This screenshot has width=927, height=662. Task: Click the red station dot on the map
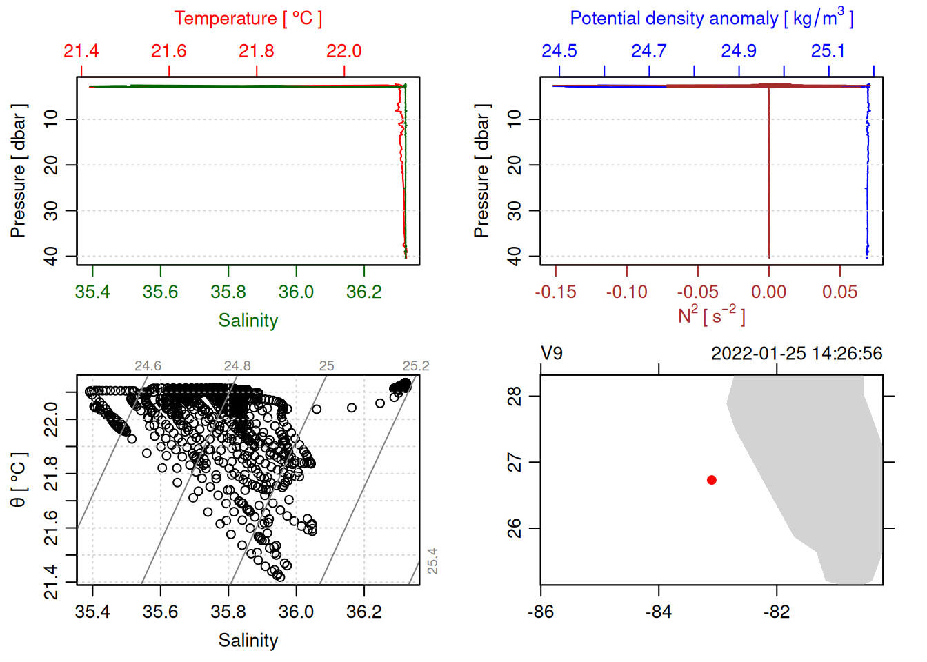click(x=711, y=480)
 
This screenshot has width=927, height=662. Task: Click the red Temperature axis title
click(x=248, y=19)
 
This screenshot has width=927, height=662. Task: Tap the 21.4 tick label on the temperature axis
click(x=81, y=51)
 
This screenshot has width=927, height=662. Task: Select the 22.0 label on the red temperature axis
click(x=343, y=51)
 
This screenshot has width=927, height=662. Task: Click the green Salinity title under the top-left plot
click(x=248, y=321)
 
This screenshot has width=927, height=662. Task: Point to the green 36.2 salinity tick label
click(x=363, y=292)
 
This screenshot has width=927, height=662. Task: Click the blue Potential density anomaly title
click(x=711, y=19)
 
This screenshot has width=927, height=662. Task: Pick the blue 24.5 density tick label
click(x=559, y=51)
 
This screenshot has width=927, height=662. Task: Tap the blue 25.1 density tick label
click(x=828, y=51)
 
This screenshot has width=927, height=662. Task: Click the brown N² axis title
click(x=711, y=316)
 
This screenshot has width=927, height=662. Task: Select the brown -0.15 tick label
click(x=555, y=292)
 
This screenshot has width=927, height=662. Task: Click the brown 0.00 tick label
click(x=768, y=292)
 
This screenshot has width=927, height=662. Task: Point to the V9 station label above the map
click(x=552, y=354)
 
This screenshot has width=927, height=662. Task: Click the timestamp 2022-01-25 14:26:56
click(x=797, y=354)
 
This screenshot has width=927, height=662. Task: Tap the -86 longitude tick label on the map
click(x=540, y=612)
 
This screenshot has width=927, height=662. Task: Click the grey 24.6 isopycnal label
click(x=148, y=366)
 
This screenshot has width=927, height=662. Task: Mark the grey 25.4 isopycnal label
click(x=432, y=561)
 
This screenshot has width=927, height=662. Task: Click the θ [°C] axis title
click(x=19, y=480)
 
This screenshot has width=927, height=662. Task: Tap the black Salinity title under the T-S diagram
click(x=248, y=641)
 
